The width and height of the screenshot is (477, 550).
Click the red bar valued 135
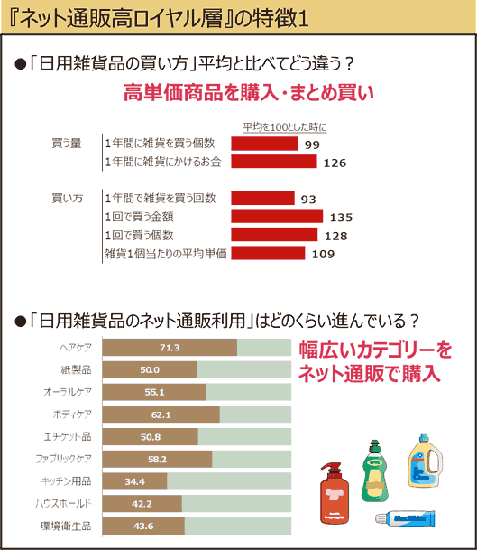click(x=277, y=217)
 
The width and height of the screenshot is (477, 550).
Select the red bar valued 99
click(x=264, y=144)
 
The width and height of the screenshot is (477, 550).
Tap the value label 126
click(x=335, y=163)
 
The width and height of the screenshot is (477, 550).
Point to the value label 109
click(x=323, y=254)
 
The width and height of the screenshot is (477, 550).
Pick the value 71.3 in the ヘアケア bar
click(x=170, y=348)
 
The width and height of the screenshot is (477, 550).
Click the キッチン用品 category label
click(x=67, y=480)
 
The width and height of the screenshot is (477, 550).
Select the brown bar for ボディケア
click(x=162, y=415)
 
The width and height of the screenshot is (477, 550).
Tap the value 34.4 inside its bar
click(x=135, y=480)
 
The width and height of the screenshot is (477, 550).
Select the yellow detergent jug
click(x=425, y=465)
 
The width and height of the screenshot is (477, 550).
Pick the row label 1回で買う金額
click(x=147, y=217)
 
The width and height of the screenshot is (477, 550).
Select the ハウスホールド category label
click(x=66, y=503)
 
